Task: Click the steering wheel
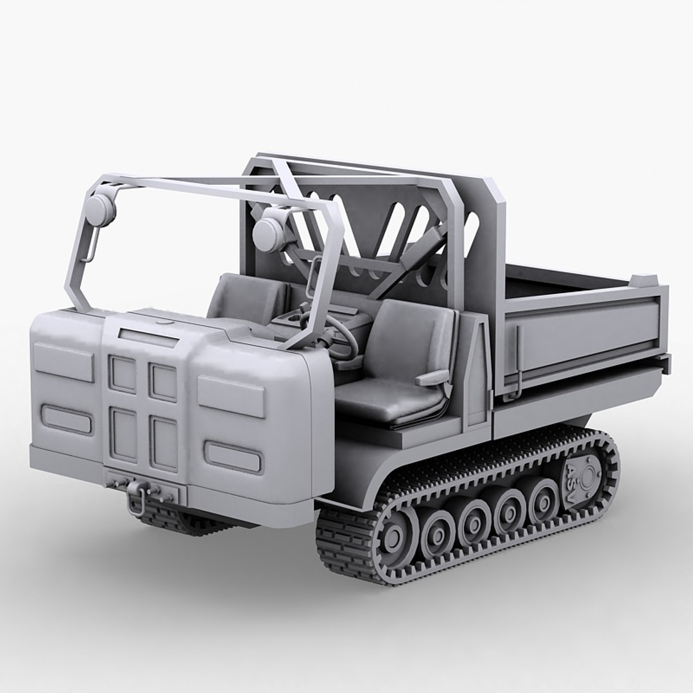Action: pyautogui.click(x=338, y=337)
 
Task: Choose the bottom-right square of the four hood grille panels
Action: pyautogui.click(x=163, y=442)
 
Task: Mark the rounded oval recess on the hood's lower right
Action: pyautogui.click(x=233, y=456)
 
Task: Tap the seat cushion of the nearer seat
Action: pyautogui.click(x=385, y=401)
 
